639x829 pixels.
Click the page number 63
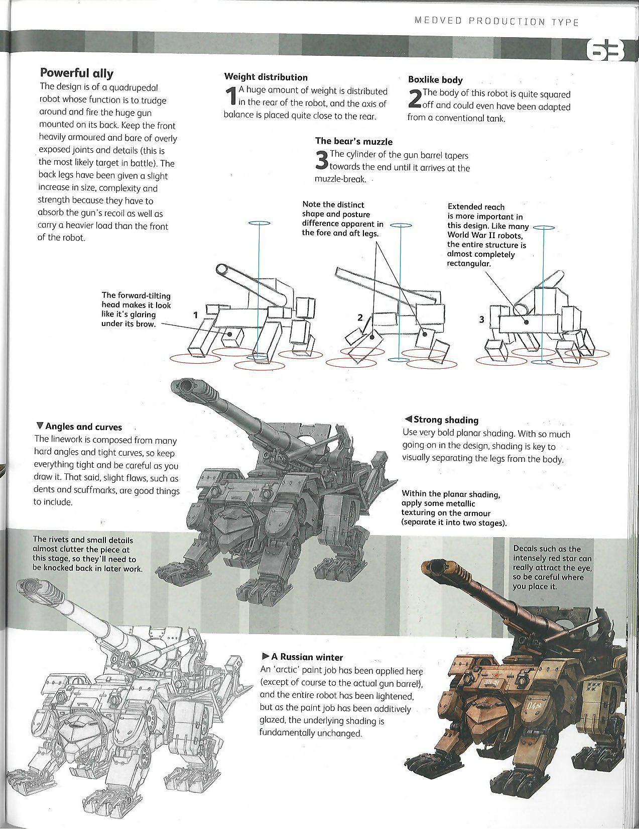[x=605, y=51]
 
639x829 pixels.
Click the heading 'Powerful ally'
[x=77, y=73]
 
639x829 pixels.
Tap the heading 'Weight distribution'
[x=266, y=77]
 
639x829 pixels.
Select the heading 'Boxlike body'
[x=435, y=80]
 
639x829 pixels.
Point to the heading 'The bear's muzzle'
[x=353, y=142]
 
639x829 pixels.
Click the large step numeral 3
[x=322, y=160]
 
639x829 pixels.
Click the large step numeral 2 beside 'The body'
[x=415, y=98]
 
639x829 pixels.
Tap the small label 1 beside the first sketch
[x=195, y=315]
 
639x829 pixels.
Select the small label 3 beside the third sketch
[x=481, y=320]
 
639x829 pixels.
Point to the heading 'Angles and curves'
[x=79, y=427]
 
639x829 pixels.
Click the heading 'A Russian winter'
[x=303, y=657]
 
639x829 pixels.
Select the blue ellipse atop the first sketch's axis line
[x=259, y=223]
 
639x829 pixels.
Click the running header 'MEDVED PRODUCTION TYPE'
[x=496, y=22]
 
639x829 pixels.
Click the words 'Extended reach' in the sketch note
[x=476, y=207]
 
